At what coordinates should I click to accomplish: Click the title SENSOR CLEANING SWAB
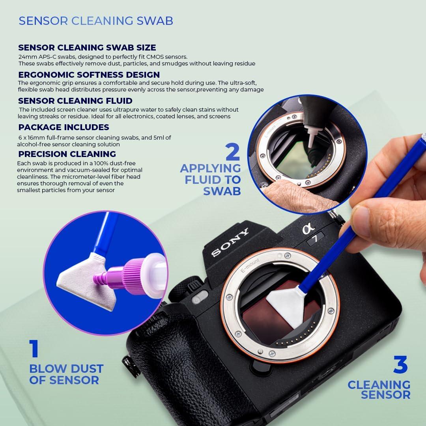click(x=96, y=21)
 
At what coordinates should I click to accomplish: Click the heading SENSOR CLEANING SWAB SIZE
click(x=87, y=48)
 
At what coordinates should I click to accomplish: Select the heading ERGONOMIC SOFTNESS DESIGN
click(x=89, y=75)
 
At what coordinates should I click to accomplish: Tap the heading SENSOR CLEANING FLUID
click(x=75, y=101)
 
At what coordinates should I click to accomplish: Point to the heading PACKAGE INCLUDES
click(x=64, y=127)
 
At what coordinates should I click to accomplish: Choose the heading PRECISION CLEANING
click(x=67, y=154)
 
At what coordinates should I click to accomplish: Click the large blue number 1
click(x=34, y=349)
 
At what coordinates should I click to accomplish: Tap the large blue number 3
click(x=400, y=365)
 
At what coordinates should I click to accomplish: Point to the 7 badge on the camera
click(x=316, y=237)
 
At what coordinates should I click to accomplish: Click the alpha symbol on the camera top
click(x=306, y=228)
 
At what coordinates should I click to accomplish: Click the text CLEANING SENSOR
click(x=379, y=389)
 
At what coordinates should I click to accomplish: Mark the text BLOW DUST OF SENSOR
click(x=66, y=374)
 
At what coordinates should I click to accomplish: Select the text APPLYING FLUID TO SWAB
click(x=211, y=179)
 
